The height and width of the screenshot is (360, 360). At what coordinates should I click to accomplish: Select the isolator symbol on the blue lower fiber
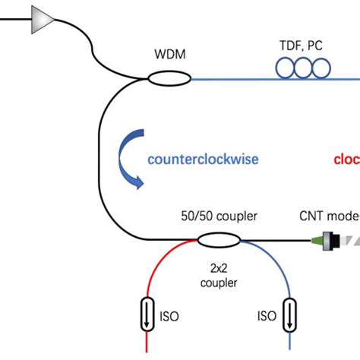point(290,314)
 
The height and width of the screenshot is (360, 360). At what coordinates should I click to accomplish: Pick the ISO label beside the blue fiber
point(266,315)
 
